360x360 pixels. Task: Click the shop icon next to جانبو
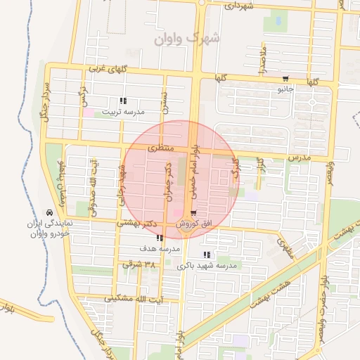[285, 79]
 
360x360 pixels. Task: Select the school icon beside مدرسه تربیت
[124, 101]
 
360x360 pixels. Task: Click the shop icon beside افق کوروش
[194, 213]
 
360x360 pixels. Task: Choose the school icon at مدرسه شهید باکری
[207, 255]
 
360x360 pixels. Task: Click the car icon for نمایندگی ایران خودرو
[49, 212]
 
